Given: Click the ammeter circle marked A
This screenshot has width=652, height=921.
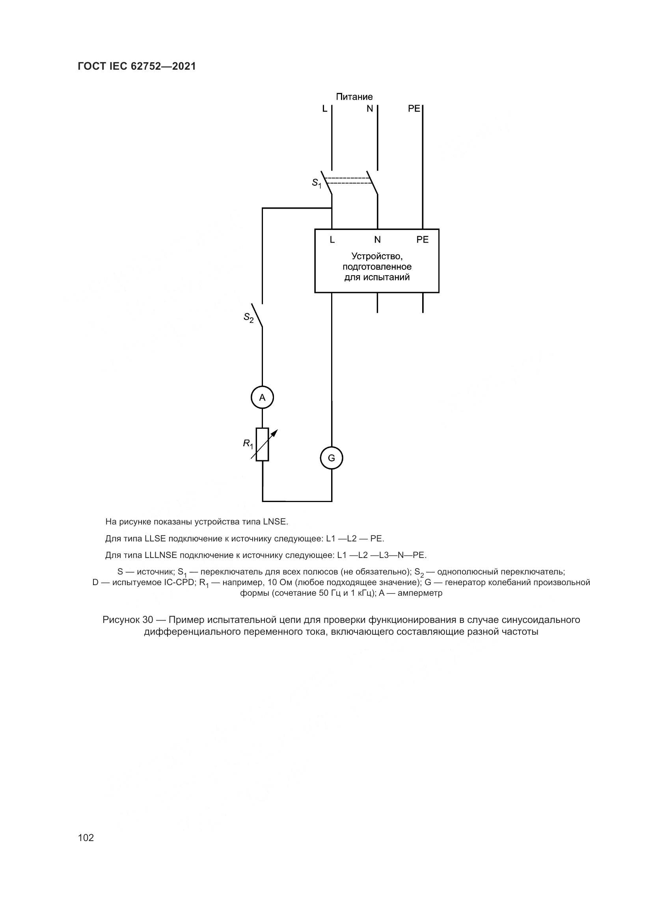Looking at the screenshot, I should pyautogui.click(x=262, y=398).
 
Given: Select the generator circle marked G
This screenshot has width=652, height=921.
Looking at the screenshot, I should pyautogui.click(x=332, y=458).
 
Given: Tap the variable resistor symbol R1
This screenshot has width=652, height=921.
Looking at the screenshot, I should pyautogui.click(x=263, y=445).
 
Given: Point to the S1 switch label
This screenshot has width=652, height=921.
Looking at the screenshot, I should pyautogui.click(x=317, y=183).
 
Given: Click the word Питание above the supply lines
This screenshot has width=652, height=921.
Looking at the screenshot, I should pyautogui.click(x=354, y=97).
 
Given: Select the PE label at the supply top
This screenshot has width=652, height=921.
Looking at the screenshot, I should pyautogui.click(x=414, y=108).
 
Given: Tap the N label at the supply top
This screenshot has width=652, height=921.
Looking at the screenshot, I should pyautogui.click(x=370, y=108).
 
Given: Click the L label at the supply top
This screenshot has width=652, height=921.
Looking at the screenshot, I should pyautogui.click(x=325, y=108).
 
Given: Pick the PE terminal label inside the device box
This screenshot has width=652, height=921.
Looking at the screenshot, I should pyautogui.click(x=422, y=239).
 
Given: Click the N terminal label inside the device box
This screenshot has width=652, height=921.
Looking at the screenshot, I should pyautogui.click(x=377, y=239).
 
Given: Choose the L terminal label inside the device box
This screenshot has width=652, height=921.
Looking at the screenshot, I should pyautogui.click(x=332, y=239).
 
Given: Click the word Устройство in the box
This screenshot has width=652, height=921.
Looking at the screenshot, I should pyautogui.click(x=376, y=256).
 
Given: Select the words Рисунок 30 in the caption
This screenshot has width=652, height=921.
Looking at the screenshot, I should pyautogui.click(x=128, y=620).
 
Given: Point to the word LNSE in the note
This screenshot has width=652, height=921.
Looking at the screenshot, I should pyautogui.click(x=276, y=522).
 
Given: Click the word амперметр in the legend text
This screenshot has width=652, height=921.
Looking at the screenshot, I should pyautogui.click(x=420, y=593).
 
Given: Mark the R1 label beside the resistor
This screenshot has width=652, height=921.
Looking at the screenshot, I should pyautogui.click(x=248, y=444).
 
